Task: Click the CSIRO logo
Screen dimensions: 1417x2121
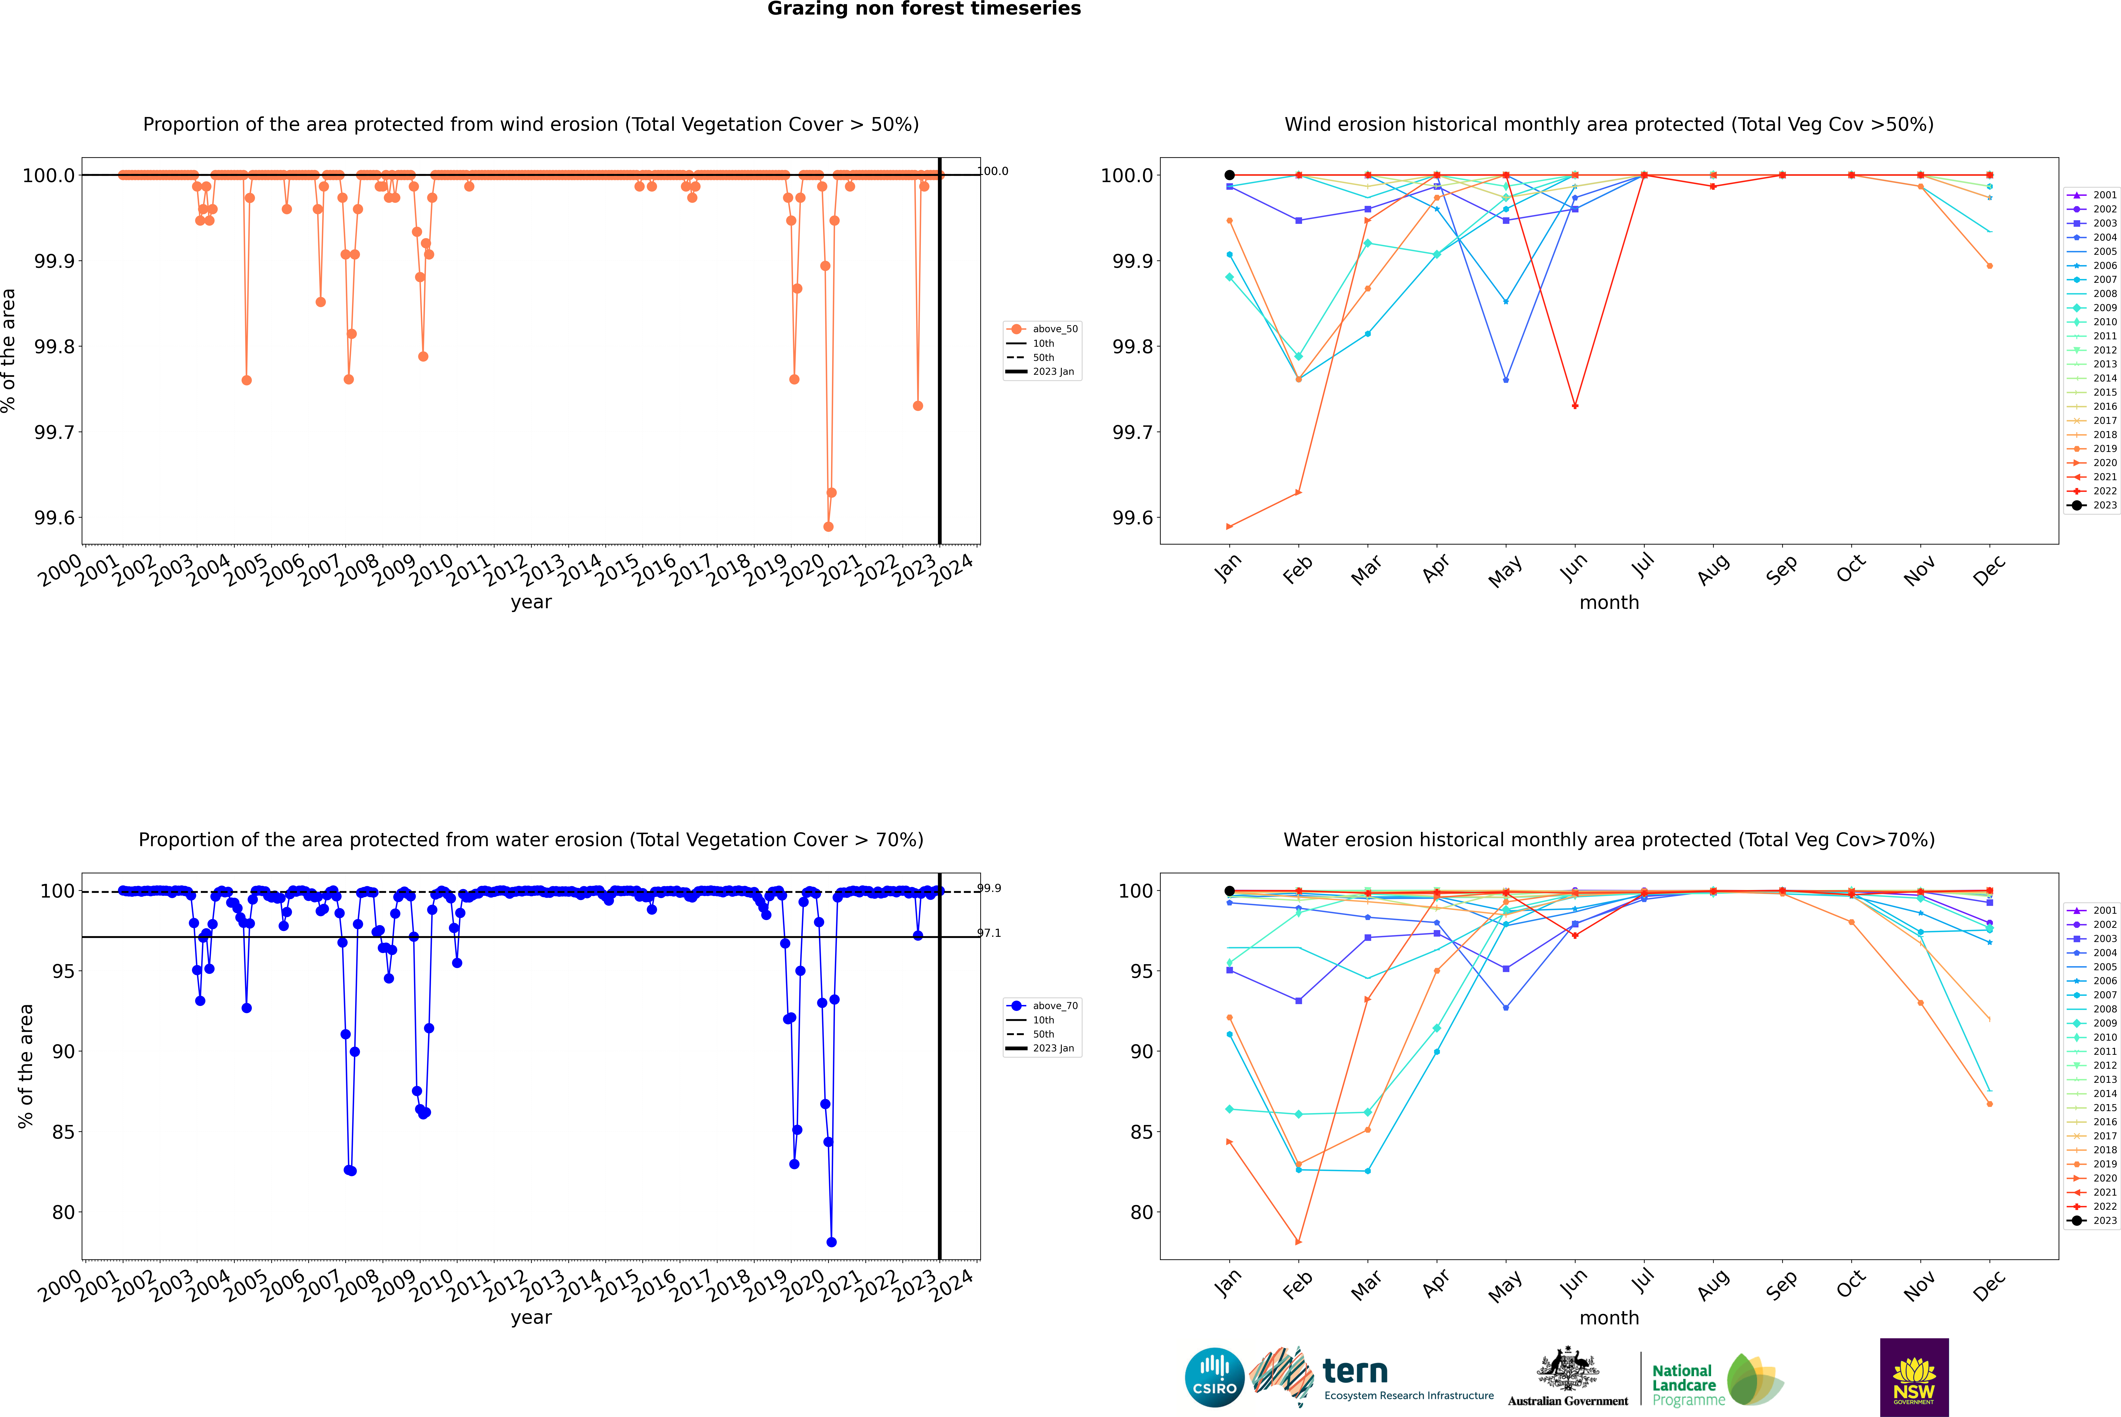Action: (1214, 1377)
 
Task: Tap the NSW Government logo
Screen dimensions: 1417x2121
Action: (1914, 1377)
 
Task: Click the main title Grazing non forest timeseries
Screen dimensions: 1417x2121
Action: (924, 9)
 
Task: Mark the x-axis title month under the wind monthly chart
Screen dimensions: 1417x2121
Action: (1609, 603)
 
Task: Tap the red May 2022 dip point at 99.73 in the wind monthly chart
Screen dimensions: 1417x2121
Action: (1575, 406)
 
